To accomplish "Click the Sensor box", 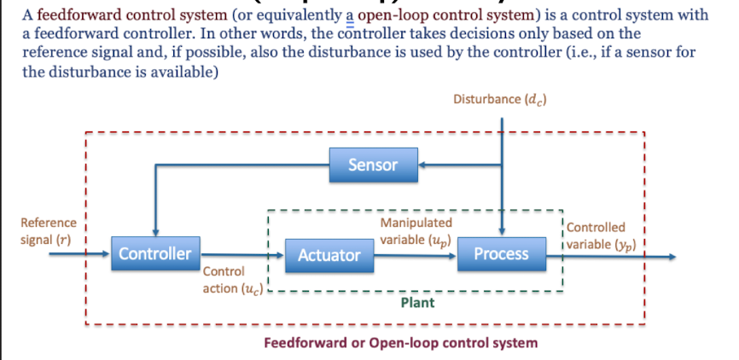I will pyautogui.click(x=373, y=165).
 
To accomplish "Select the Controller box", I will pyautogui.click(x=154, y=253).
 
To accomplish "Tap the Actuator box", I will pyautogui.click(x=329, y=254).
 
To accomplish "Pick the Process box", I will pyautogui.click(x=501, y=253).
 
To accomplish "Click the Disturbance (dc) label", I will pyautogui.click(x=500, y=99).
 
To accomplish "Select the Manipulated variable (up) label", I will pyautogui.click(x=416, y=230).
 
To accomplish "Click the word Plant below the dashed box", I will pyautogui.click(x=417, y=302).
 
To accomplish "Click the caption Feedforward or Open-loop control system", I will pyautogui.click(x=401, y=343).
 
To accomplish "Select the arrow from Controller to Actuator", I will pyautogui.click(x=239, y=253).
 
